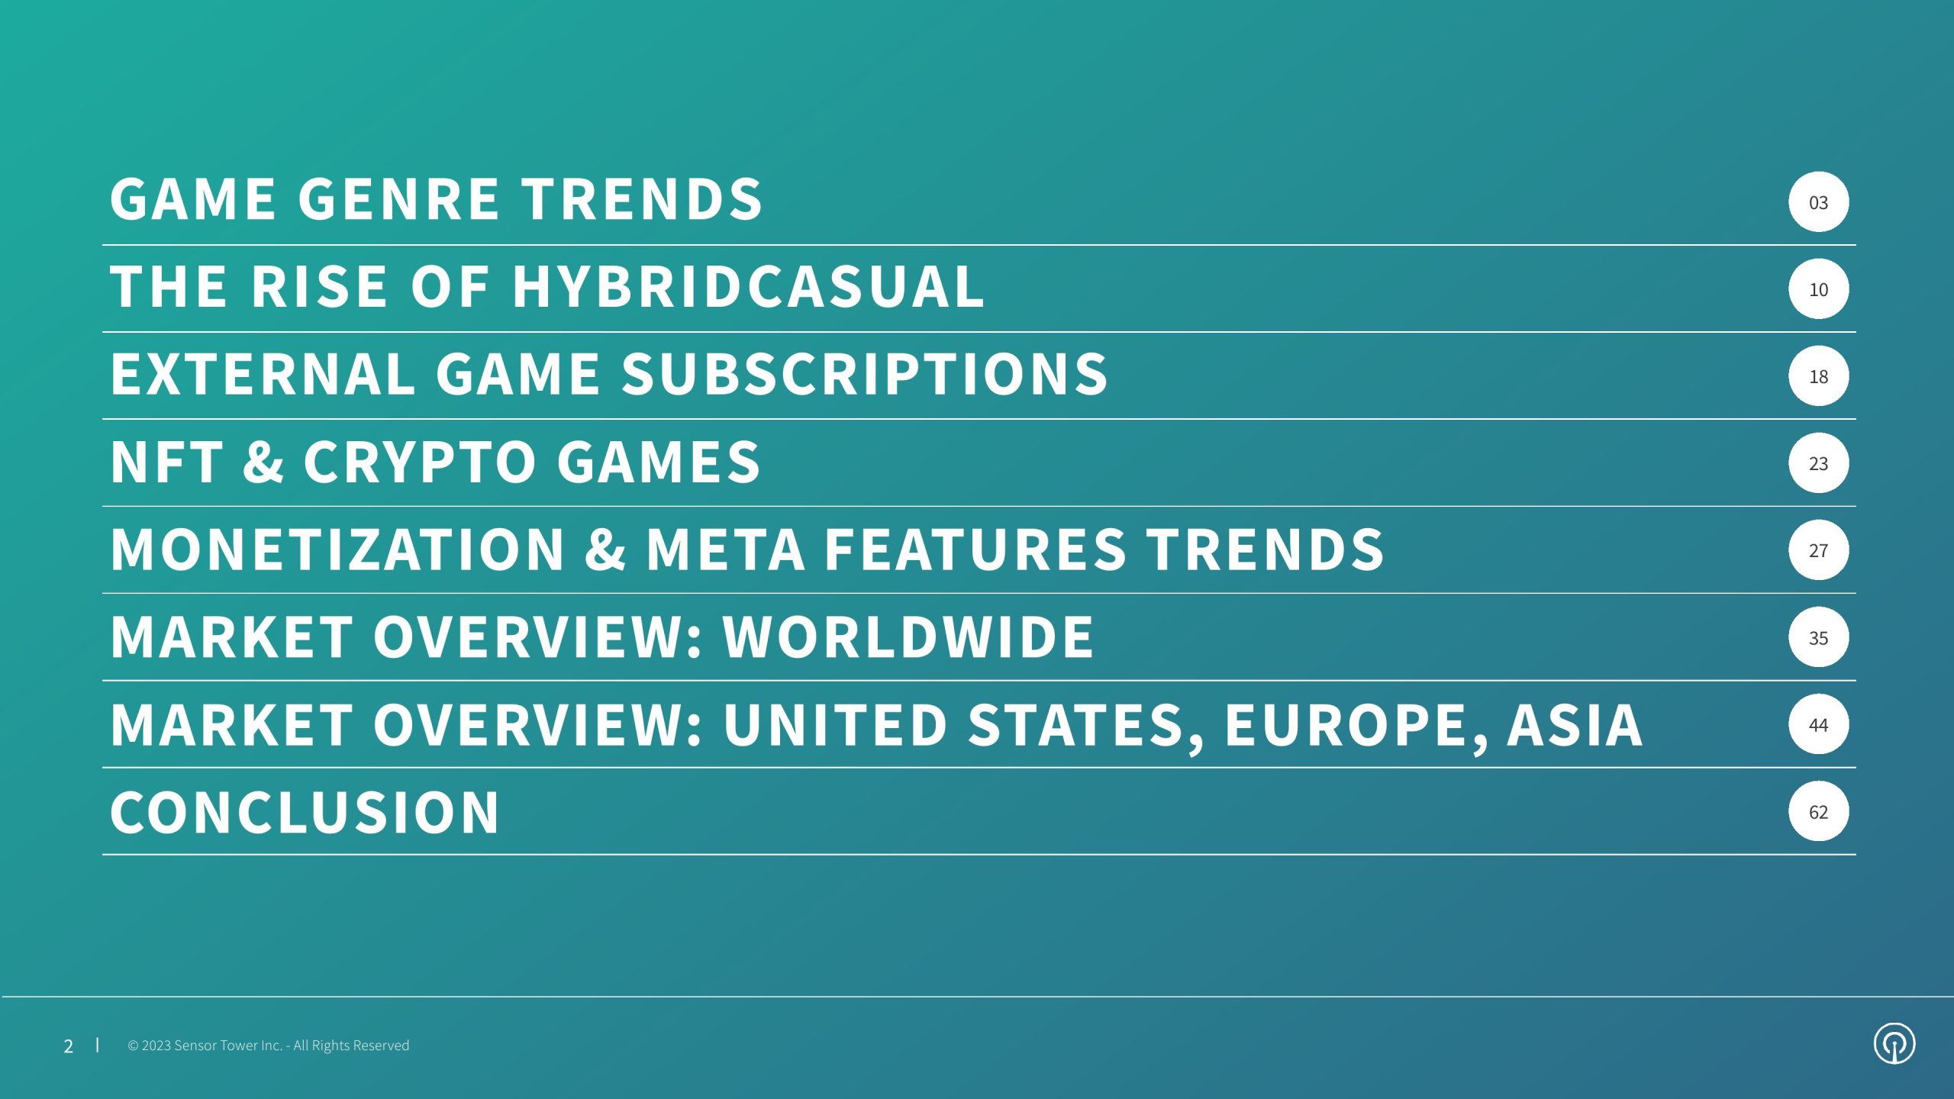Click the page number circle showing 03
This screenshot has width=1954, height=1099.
[1818, 201]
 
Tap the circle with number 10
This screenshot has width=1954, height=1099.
[1818, 288]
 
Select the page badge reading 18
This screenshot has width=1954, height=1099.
[1818, 375]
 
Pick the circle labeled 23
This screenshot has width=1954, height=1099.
[1818, 462]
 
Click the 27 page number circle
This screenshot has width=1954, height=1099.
[1818, 549]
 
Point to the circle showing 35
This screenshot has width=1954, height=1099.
[1818, 637]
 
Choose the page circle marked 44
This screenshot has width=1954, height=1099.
[1818, 724]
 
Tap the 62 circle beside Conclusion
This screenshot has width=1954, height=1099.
[1818, 811]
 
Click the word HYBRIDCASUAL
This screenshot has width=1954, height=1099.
[748, 286]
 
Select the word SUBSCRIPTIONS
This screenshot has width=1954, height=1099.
[864, 373]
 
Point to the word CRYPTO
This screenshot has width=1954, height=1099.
[420, 461]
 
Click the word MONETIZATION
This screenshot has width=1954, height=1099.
[337, 548]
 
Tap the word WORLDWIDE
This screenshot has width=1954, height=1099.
[908, 636]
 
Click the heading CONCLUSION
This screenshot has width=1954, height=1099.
[305, 811]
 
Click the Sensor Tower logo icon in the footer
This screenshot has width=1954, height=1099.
[1894, 1044]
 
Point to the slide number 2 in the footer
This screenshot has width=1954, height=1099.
[69, 1046]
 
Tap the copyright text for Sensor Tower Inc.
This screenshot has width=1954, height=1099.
[269, 1046]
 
